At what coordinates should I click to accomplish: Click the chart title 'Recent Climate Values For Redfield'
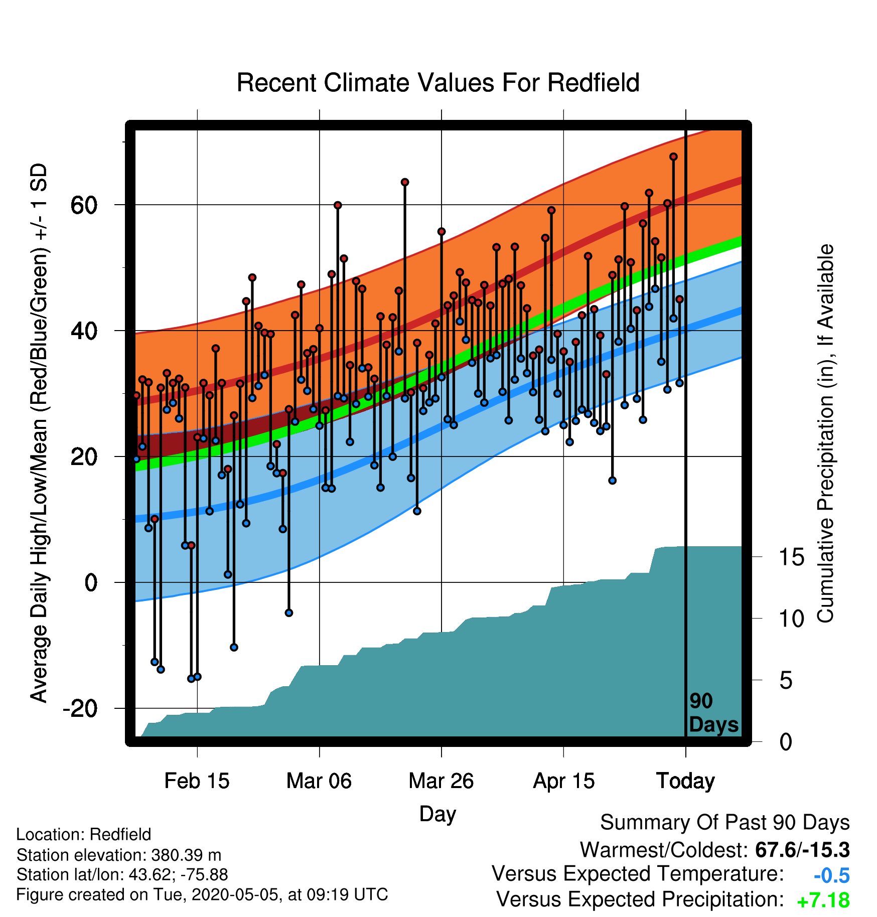(x=438, y=83)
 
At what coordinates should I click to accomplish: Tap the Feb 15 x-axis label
(x=197, y=781)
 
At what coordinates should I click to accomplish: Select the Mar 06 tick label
(x=319, y=781)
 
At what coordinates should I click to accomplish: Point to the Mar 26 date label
(x=441, y=781)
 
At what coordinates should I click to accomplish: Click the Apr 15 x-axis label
(x=563, y=781)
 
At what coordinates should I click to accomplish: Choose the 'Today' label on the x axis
(x=685, y=781)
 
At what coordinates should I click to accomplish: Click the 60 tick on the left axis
(x=84, y=205)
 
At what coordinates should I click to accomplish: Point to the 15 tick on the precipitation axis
(x=791, y=557)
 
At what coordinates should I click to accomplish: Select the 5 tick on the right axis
(x=786, y=681)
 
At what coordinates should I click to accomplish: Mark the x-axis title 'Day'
(x=437, y=814)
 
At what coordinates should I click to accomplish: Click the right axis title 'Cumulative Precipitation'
(x=825, y=434)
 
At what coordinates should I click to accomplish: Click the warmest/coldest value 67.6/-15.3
(x=802, y=850)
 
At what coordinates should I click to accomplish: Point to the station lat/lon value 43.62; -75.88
(x=178, y=875)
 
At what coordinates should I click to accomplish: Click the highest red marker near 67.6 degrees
(x=673, y=157)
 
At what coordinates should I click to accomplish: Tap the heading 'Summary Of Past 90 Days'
(x=725, y=823)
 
